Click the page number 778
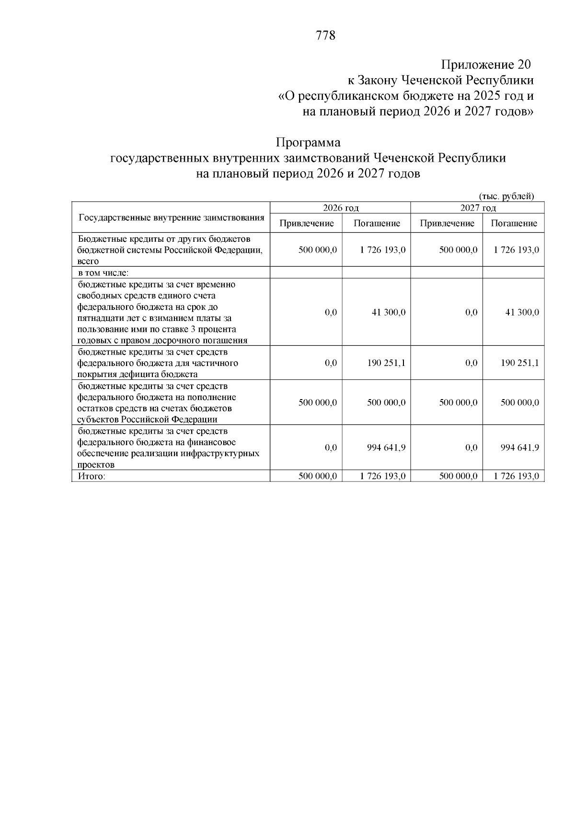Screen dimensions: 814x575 click(325, 35)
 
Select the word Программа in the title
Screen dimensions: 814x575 click(308, 142)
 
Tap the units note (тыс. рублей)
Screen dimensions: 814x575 click(506, 196)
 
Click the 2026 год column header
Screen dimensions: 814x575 click(341, 208)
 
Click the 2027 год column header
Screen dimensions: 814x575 click(478, 208)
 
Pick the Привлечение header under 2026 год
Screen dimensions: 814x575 click(306, 223)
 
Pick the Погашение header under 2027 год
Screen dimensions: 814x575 click(514, 223)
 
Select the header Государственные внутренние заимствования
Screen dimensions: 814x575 click(171, 217)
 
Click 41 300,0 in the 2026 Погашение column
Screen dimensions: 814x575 click(389, 312)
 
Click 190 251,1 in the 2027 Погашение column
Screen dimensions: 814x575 click(520, 363)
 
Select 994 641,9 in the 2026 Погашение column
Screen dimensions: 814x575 click(386, 448)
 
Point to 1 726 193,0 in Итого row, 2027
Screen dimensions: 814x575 click(517, 476)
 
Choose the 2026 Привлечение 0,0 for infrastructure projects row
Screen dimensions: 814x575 click(331, 448)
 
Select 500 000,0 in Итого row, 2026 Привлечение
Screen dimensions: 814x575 click(318, 476)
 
